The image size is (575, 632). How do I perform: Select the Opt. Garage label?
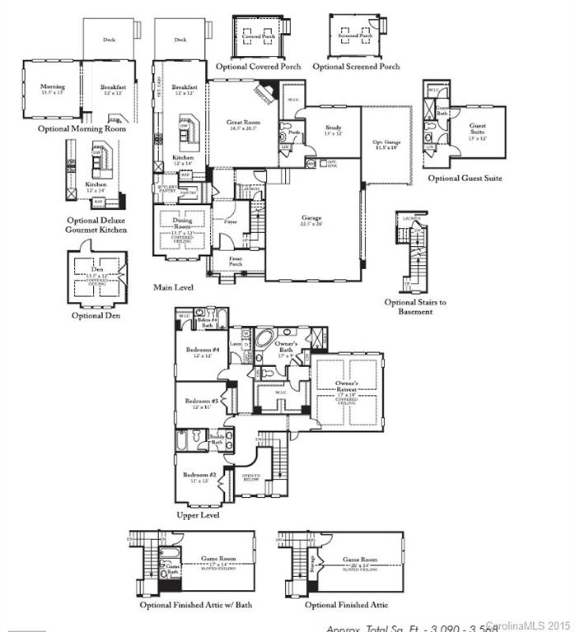pyautogui.click(x=385, y=144)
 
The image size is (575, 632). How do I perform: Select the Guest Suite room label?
pyautogui.click(x=478, y=128)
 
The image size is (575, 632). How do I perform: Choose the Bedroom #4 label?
pyautogui.click(x=202, y=352)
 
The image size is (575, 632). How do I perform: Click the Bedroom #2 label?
pyautogui.click(x=199, y=478)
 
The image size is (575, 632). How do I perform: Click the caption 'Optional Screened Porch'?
pyautogui.click(x=356, y=67)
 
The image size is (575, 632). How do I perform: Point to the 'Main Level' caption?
pyautogui.click(x=174, y=288)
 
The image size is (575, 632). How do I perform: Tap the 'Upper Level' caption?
pyautogui.click(x=198, y=515)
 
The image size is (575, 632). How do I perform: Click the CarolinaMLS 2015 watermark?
pyautogui.click(x=531, y=625)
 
